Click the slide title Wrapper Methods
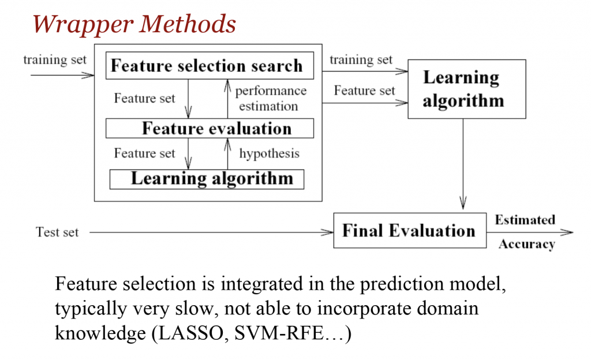pyautogui.click(x=134, y=24)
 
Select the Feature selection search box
pyautogui.click(x=209, y=66)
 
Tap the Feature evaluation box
pyautogui.click(x=210, y=128)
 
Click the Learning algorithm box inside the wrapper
pyautogui.click(x=207, y=178)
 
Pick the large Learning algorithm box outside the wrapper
pyautogui.click(x=466, y=89)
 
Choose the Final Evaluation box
pyautogui.click(x=409, y=231)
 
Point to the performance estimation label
pyautogui.click(x=269, y=99)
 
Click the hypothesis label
pyautogui.click(x=269, y=153)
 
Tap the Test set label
pyautogui.click(x=57, y=232)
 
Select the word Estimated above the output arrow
pyautogui.click(x=525, y=220)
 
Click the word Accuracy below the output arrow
pyautogui.click(x=526, y=244)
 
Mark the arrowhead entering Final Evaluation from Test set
pyautogui.click(x=330, y=232)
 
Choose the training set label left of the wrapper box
pyautogui.click(x=55, y=59)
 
